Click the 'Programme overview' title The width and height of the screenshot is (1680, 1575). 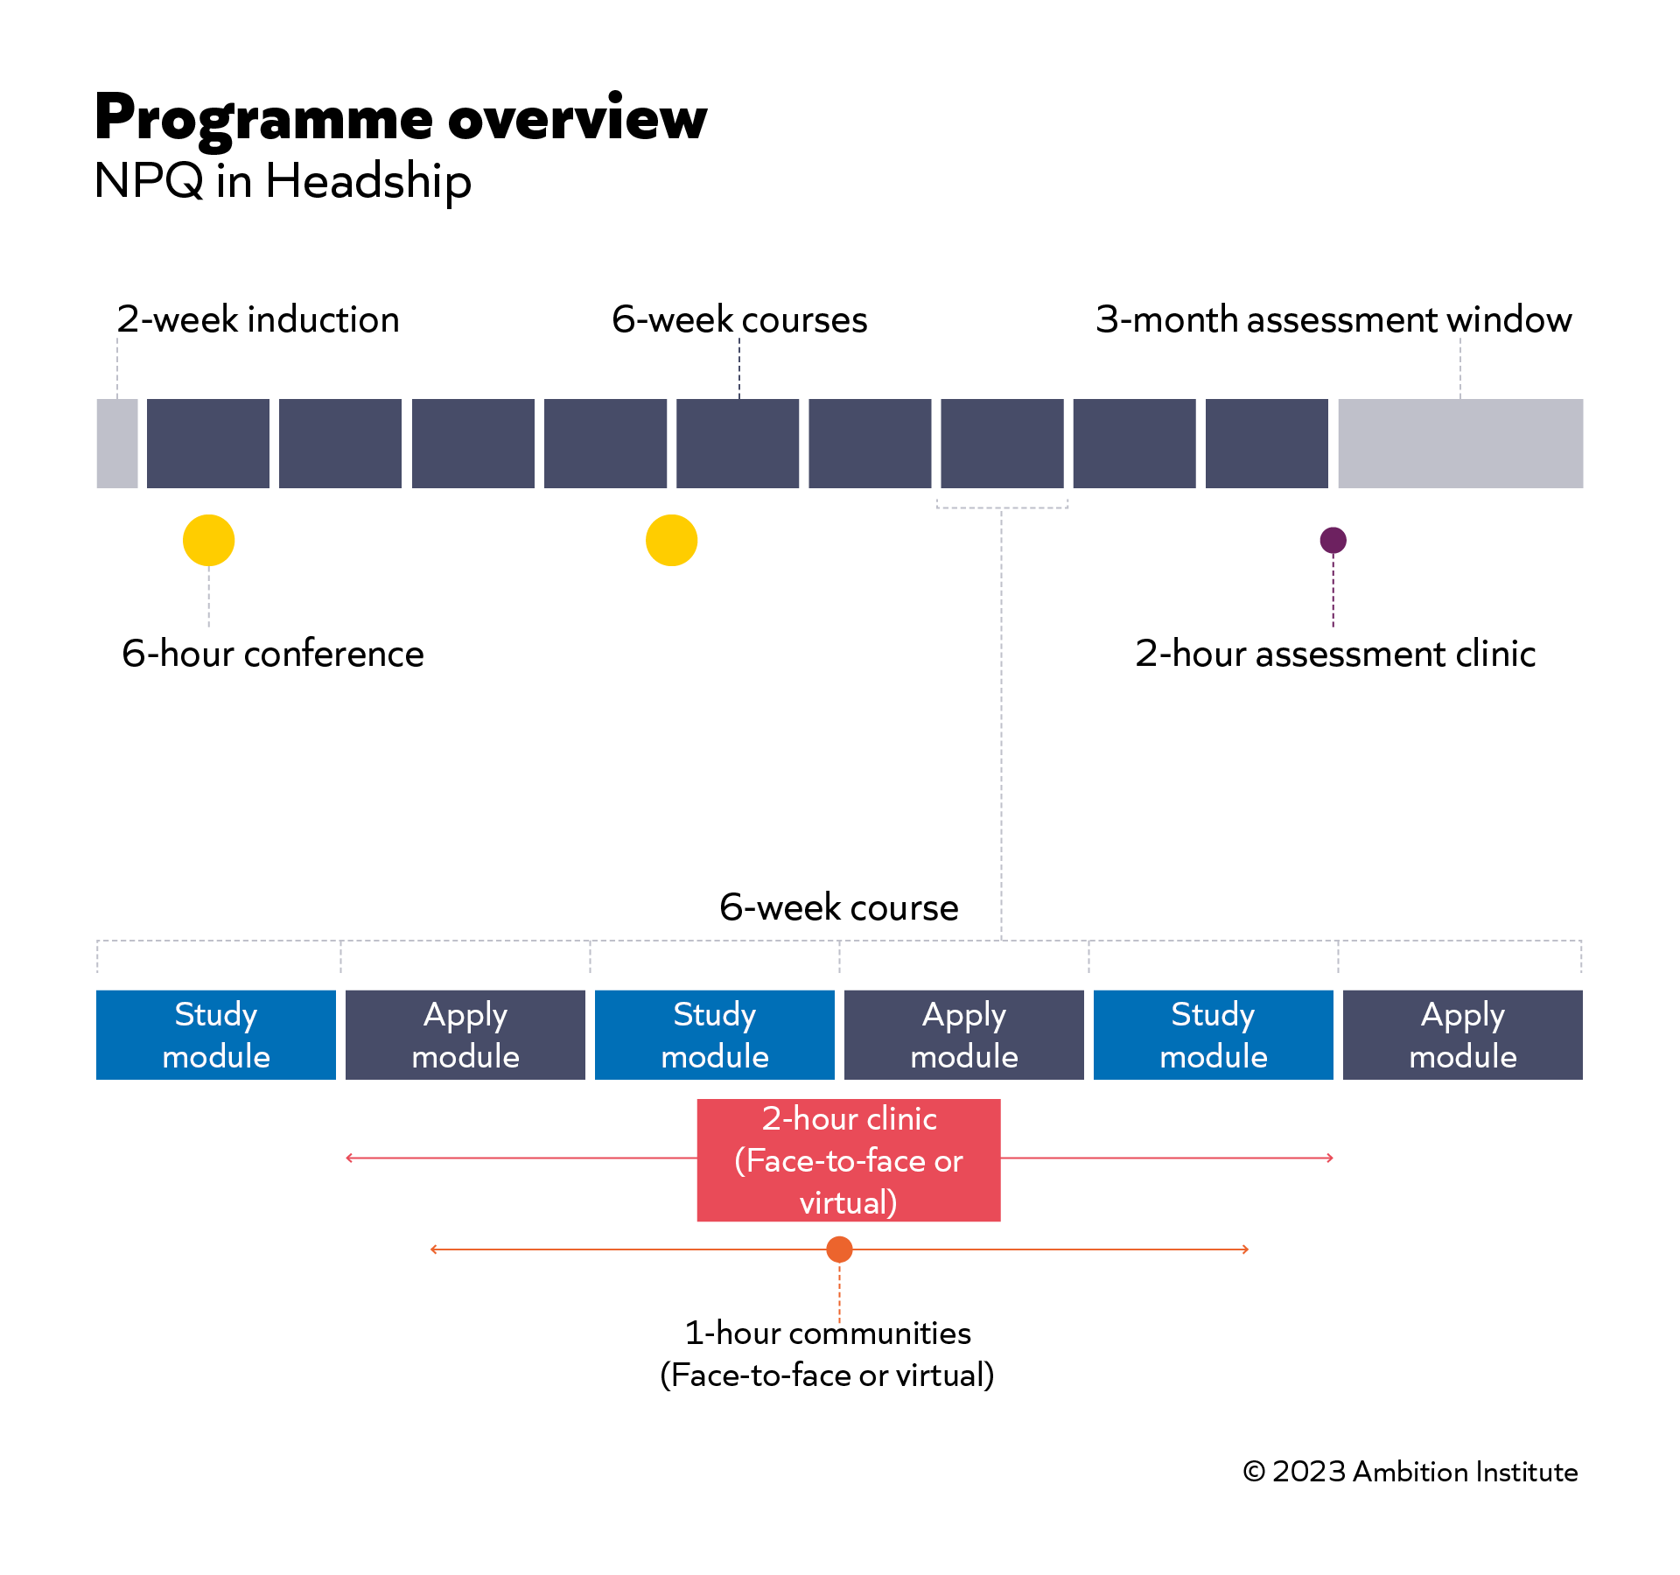400,118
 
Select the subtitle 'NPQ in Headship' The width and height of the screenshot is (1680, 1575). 283,181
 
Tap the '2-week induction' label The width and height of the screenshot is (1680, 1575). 258,319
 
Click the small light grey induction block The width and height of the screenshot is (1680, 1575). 117,443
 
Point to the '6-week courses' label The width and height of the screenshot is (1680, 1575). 739,319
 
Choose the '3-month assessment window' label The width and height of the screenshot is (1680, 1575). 1333,319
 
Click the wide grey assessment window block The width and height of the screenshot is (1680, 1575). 1459,443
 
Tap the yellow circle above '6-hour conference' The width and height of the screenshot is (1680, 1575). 208,540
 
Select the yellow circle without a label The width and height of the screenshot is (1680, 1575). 671,540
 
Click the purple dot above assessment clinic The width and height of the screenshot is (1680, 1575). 1333,540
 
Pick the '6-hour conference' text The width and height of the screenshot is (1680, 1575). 273,654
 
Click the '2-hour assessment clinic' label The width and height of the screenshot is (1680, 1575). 1335,654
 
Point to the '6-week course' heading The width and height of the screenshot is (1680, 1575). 838,907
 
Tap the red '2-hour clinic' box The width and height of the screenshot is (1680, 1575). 848,1160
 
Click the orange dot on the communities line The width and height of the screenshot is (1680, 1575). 839,1249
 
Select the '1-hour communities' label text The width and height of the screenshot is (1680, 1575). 827,1333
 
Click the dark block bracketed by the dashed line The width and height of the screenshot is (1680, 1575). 1002,443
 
